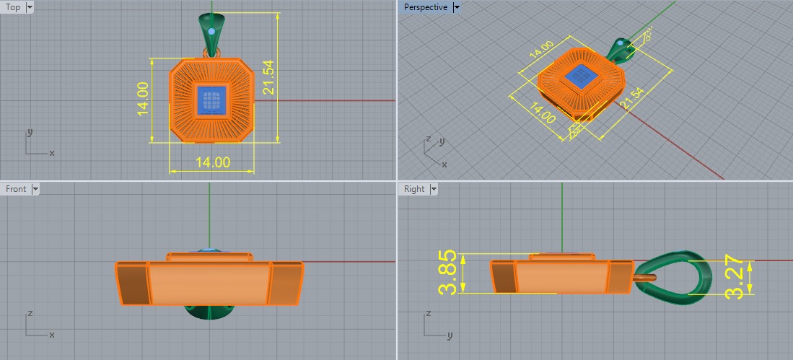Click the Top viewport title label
[x=13, y=7]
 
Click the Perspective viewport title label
[x=425, y=7]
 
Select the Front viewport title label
[x=16, y=189]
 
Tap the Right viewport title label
[x=414, y=189]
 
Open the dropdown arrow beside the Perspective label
[x=457, y=7]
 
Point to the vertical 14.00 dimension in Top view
[x=142, y=100]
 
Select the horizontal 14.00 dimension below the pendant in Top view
[x=212, y=162]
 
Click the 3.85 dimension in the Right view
[x=447, y=273]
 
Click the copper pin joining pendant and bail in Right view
[x=644, y=275]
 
